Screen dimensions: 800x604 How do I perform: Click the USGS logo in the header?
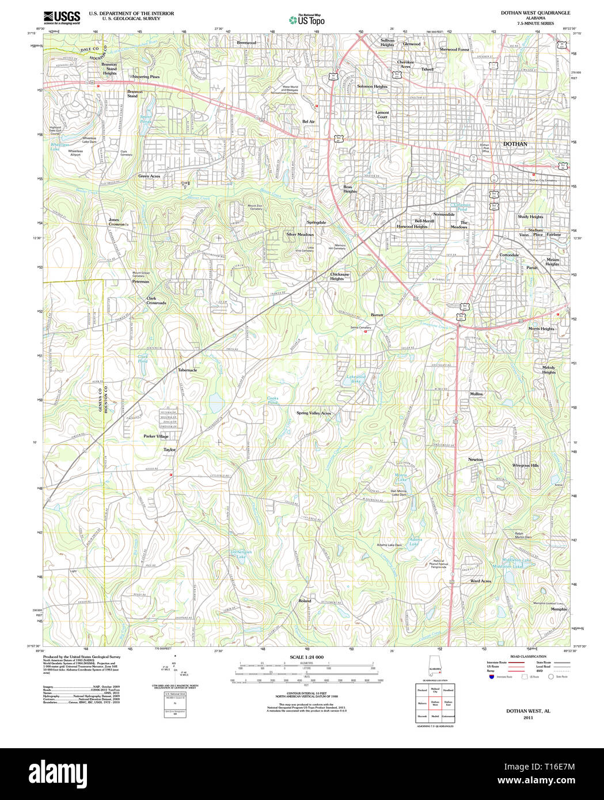62,17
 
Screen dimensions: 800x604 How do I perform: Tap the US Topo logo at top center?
306,20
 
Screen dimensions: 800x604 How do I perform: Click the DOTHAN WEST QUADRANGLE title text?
535,13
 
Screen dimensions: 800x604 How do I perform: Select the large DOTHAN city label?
515,144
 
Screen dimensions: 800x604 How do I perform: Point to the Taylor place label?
169,449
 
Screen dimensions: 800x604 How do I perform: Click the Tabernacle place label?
187,370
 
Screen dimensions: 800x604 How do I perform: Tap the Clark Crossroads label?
156,300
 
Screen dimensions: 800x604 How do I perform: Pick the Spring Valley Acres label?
313,413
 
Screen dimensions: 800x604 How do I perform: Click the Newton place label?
475,459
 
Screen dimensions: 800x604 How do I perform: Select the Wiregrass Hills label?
525,465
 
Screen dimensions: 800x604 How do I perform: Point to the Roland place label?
305,600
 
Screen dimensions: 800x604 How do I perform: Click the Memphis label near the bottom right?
558,609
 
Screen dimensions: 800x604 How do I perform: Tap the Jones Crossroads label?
117,222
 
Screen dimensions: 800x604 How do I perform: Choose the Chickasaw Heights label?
339,276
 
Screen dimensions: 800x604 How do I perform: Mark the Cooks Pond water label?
272,400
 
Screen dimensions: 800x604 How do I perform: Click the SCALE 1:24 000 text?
306,657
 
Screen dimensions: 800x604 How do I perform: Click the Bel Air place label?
309,121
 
